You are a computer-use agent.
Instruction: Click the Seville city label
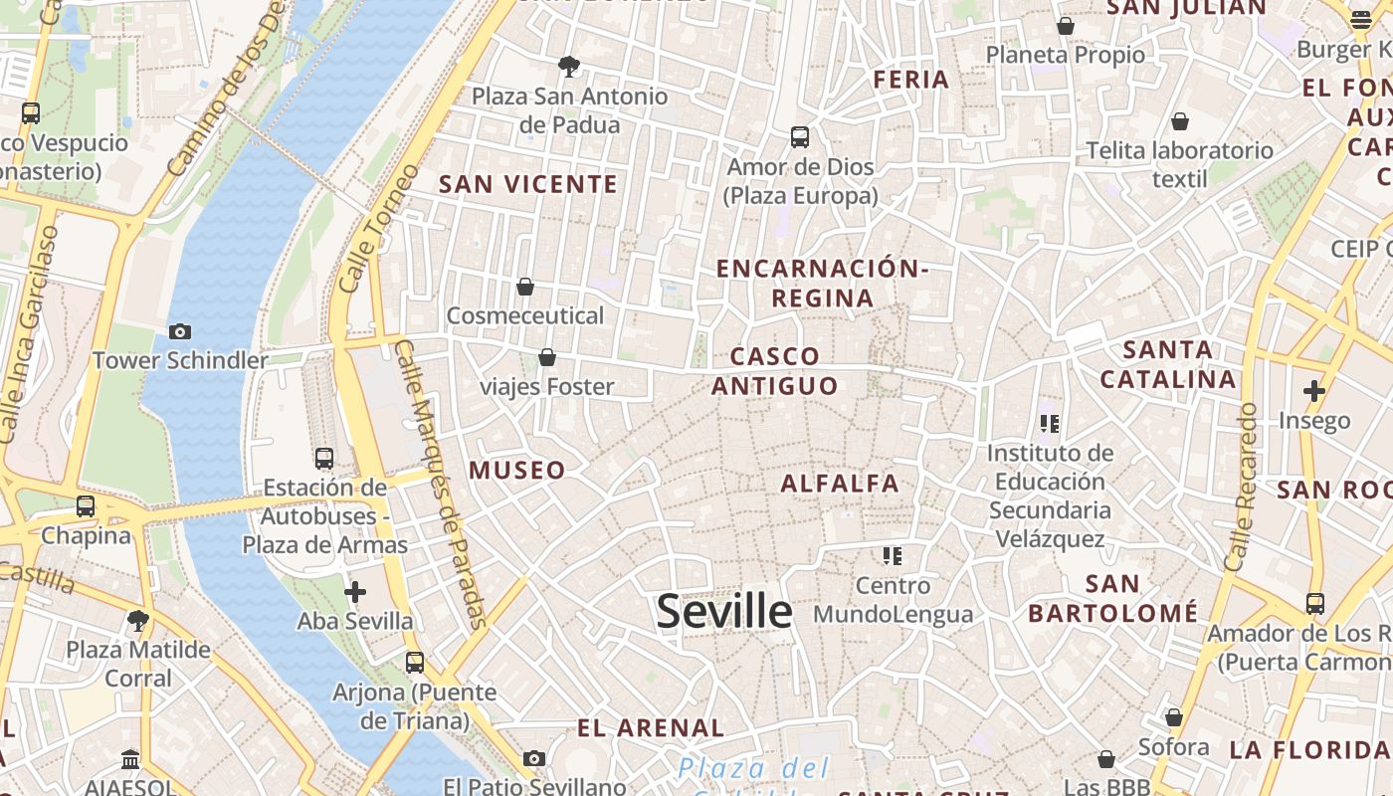(x=724, y=611)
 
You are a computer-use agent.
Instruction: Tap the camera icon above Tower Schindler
(x=180, y=331)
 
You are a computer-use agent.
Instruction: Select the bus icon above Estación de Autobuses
(x=324, y=459)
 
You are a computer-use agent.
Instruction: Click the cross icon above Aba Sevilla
(x=355, y=593)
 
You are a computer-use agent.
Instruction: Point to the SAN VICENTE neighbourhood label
(x=528, y=184)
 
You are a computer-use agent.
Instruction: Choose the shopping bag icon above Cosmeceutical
(x=525, y=288)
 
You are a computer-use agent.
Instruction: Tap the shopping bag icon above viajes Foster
(x=546, y=357)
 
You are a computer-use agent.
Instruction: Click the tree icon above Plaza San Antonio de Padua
(x=569, y=67)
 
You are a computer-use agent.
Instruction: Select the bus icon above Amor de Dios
(x=800, y=137)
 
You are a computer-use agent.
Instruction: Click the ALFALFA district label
(x=840, y=484)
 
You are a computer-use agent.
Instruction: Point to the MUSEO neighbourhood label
(x=517, y=471)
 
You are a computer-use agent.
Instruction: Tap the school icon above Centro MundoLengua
(x=893, y=555)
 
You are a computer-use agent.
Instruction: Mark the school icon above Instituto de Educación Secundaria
(x=1049, y=425)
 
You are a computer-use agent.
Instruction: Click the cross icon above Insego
(x=1314, y=391)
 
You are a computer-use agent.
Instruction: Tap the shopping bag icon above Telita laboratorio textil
(x=1179, y=121)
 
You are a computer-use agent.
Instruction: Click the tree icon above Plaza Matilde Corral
(x=138, y=622)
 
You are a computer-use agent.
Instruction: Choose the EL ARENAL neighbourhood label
(x=651, y=727)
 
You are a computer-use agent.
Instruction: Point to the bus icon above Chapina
(x=86, y=506)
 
